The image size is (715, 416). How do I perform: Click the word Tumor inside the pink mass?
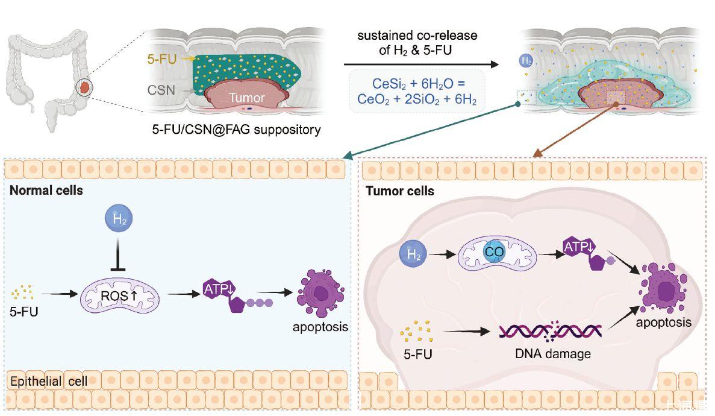(247, 98)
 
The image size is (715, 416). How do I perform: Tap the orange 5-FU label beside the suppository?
(162, 59)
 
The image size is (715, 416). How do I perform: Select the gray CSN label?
(162, 91)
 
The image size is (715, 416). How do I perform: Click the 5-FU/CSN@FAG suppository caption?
(236, 129)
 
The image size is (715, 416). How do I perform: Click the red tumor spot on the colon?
(86, 88)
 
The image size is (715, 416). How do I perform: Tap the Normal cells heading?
(46, 191)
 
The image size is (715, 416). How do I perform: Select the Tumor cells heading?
(400, 191)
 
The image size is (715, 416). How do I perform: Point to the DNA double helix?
(549, 330)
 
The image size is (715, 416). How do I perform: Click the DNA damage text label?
(552, 354)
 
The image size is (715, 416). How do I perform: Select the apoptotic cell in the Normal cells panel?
(321, 294)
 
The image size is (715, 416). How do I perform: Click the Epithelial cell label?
(49, 381)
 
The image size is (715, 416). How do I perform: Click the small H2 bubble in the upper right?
(526, 61)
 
